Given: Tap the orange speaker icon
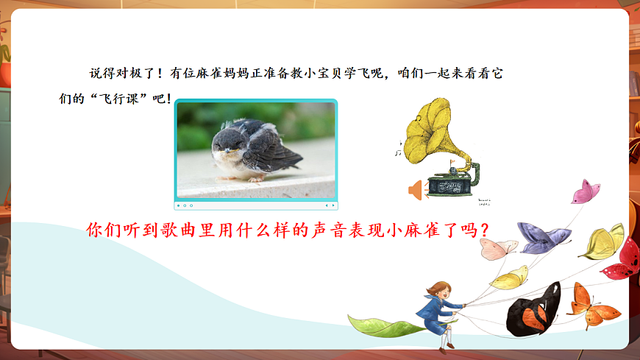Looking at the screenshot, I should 416,191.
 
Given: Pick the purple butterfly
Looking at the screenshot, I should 543,237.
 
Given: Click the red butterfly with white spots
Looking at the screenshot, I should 623,259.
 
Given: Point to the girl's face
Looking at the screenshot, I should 436,289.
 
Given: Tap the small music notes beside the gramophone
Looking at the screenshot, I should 398,150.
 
